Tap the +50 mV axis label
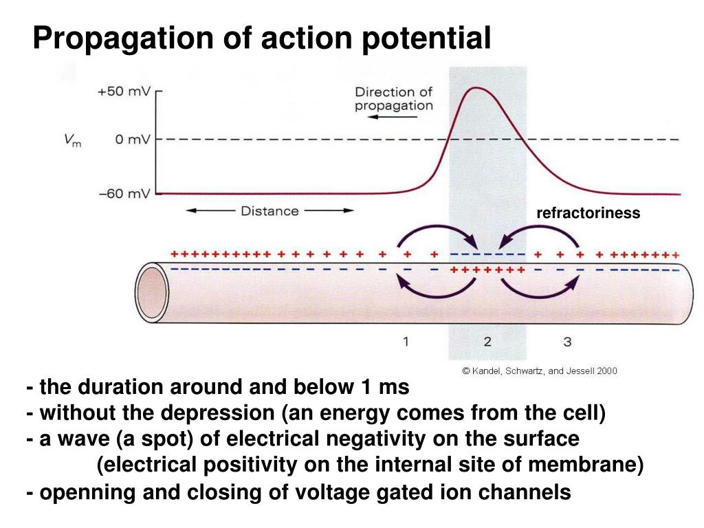(124, 92)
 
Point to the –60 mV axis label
(124, 194)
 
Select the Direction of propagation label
(394, 98)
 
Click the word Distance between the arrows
(269, 211)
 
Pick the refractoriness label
(588, 213)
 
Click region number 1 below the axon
(406, 341)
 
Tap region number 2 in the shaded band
(487, 341)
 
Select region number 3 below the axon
(567, 341)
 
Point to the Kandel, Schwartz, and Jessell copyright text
(540, 371)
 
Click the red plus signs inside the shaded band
(487, 269)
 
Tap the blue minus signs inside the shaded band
(487, 255)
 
